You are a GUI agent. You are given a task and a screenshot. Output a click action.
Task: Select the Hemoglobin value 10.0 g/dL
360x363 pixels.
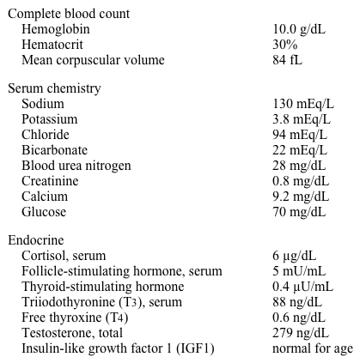298,29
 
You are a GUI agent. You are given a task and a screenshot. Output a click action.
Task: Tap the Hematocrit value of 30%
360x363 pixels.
285,45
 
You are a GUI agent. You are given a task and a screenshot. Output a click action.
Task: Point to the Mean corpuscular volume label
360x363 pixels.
93,60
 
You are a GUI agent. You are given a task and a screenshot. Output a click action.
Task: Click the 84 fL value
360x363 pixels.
288,60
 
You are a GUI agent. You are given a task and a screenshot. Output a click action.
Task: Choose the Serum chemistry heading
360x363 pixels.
54,88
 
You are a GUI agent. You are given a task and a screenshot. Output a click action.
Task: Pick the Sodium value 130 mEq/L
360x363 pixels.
303,104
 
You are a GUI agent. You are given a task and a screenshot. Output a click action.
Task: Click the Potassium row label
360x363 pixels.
50,119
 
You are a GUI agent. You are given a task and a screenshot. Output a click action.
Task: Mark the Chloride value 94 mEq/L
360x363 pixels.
300,135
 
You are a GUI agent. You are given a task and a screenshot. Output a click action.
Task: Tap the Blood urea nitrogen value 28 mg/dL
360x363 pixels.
299,166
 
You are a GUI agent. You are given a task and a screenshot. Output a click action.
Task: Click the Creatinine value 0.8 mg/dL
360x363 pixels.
301,181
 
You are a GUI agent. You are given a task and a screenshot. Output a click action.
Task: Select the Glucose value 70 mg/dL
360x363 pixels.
299,212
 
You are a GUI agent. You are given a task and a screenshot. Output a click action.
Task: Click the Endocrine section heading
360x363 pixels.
35,240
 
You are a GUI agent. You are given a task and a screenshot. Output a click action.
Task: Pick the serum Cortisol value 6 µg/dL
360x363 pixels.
295,256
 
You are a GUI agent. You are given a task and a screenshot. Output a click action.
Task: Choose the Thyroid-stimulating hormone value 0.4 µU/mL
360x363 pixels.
303,287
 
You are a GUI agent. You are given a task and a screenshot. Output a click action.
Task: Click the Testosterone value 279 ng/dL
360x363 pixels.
301,333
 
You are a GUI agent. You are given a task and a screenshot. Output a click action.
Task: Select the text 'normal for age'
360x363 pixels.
313,348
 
